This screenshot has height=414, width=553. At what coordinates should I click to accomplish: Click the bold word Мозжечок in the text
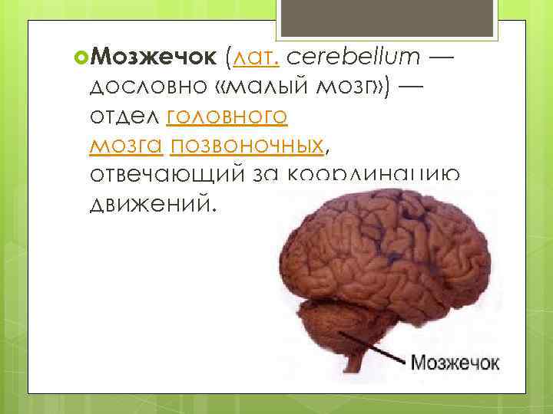click(157, 56)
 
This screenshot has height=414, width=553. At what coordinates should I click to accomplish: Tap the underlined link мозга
click(127, 145)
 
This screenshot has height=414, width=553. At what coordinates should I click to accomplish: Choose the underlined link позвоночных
click(242, 145)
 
